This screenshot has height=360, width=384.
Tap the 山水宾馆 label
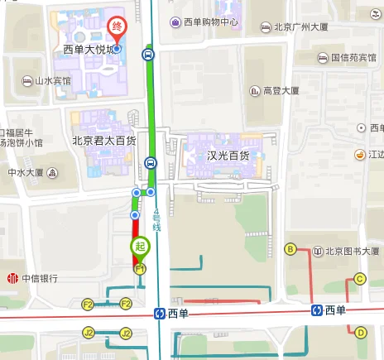pos(52,81)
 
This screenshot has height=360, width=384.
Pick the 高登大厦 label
pos(286,90)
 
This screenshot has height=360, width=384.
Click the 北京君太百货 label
pos(104,141)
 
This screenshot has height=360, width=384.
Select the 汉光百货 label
pos(227,155)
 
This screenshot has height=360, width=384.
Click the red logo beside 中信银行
pos(12,278)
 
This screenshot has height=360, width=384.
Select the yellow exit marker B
pos(290,249)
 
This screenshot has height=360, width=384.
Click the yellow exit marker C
pos(359,279)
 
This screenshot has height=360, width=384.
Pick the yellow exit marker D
pos(360,333)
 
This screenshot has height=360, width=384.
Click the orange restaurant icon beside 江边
pos(360,155)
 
